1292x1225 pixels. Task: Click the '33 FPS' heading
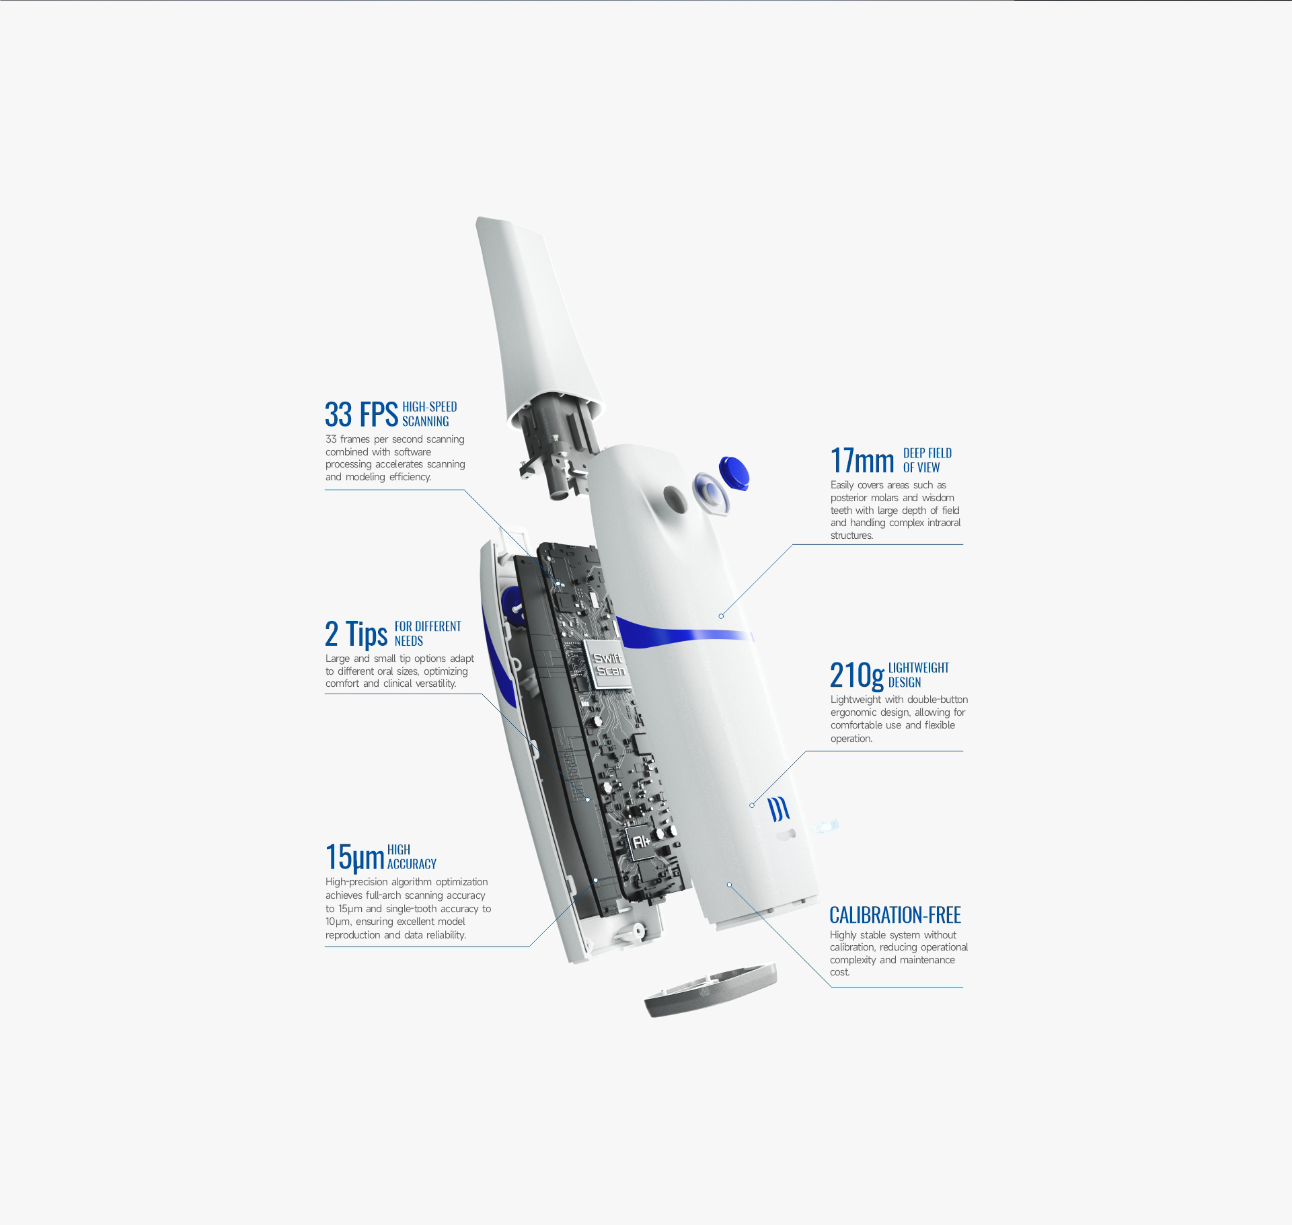click(x=361, y=414)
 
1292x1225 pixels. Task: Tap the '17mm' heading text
click(x=862, y=461)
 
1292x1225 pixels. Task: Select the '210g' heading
click(x=857, y=675)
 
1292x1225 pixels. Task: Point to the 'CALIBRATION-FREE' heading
click(x=895, y=915)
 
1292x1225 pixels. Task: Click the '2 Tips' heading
click(x=356, y=634)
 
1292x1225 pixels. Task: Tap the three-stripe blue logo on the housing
click(x=780, y=809)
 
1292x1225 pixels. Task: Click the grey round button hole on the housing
click(x=673, y=498)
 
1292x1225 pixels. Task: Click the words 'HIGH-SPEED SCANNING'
click(x=429, y=414)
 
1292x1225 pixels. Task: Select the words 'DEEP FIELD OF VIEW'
click(x=927, y=460)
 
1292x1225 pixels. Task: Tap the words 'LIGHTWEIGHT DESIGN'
click(x=918, y=675)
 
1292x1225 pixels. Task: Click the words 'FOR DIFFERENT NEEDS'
click(x=428, y=633)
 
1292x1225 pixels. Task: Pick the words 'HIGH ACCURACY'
click(x=412, y=856)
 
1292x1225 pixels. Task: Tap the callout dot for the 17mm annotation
click(x=721, y=616)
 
